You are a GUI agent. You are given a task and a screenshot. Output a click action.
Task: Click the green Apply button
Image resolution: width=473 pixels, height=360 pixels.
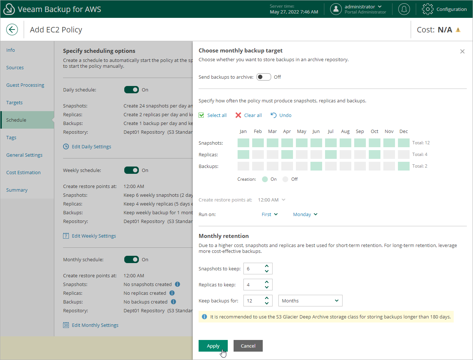tap(213, 346)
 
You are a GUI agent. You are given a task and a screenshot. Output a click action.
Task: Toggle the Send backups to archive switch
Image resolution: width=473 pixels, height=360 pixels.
tap(263, 77)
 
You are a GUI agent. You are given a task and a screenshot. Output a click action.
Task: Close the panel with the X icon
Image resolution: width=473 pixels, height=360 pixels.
tap(462, 51)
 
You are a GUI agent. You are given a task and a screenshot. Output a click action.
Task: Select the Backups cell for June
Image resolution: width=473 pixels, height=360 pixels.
tap(316, 166)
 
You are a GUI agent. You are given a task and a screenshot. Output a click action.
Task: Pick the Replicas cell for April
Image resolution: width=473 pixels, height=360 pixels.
tap(287, 154)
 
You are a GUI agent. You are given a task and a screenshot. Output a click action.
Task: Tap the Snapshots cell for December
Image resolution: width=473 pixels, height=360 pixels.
tap(404, 143)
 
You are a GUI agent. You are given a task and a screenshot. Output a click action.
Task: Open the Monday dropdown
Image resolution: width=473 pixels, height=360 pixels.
tap(305, 214)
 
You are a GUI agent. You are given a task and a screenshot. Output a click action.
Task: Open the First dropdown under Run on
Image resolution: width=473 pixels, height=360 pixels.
tap(270, 214)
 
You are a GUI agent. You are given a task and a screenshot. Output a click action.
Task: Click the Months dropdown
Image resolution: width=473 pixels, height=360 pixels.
tap(310, 301)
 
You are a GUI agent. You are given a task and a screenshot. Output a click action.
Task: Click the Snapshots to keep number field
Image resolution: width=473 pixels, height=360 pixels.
tap(254, 269)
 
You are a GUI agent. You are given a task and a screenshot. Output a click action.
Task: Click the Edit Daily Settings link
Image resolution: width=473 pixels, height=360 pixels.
tap(91, 146)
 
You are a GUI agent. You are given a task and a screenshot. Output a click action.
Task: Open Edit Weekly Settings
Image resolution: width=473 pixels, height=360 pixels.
tap(94, 236)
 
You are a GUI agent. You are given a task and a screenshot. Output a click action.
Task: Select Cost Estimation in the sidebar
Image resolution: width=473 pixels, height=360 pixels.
tap(23, 172)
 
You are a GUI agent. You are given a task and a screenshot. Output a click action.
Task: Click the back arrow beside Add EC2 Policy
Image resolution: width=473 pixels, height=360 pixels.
tap(12, 30)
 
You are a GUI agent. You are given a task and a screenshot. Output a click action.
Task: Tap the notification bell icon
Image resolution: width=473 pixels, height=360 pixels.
tap(404, 9)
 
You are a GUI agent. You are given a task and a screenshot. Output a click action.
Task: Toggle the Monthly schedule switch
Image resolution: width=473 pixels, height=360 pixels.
tap(132, 259)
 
